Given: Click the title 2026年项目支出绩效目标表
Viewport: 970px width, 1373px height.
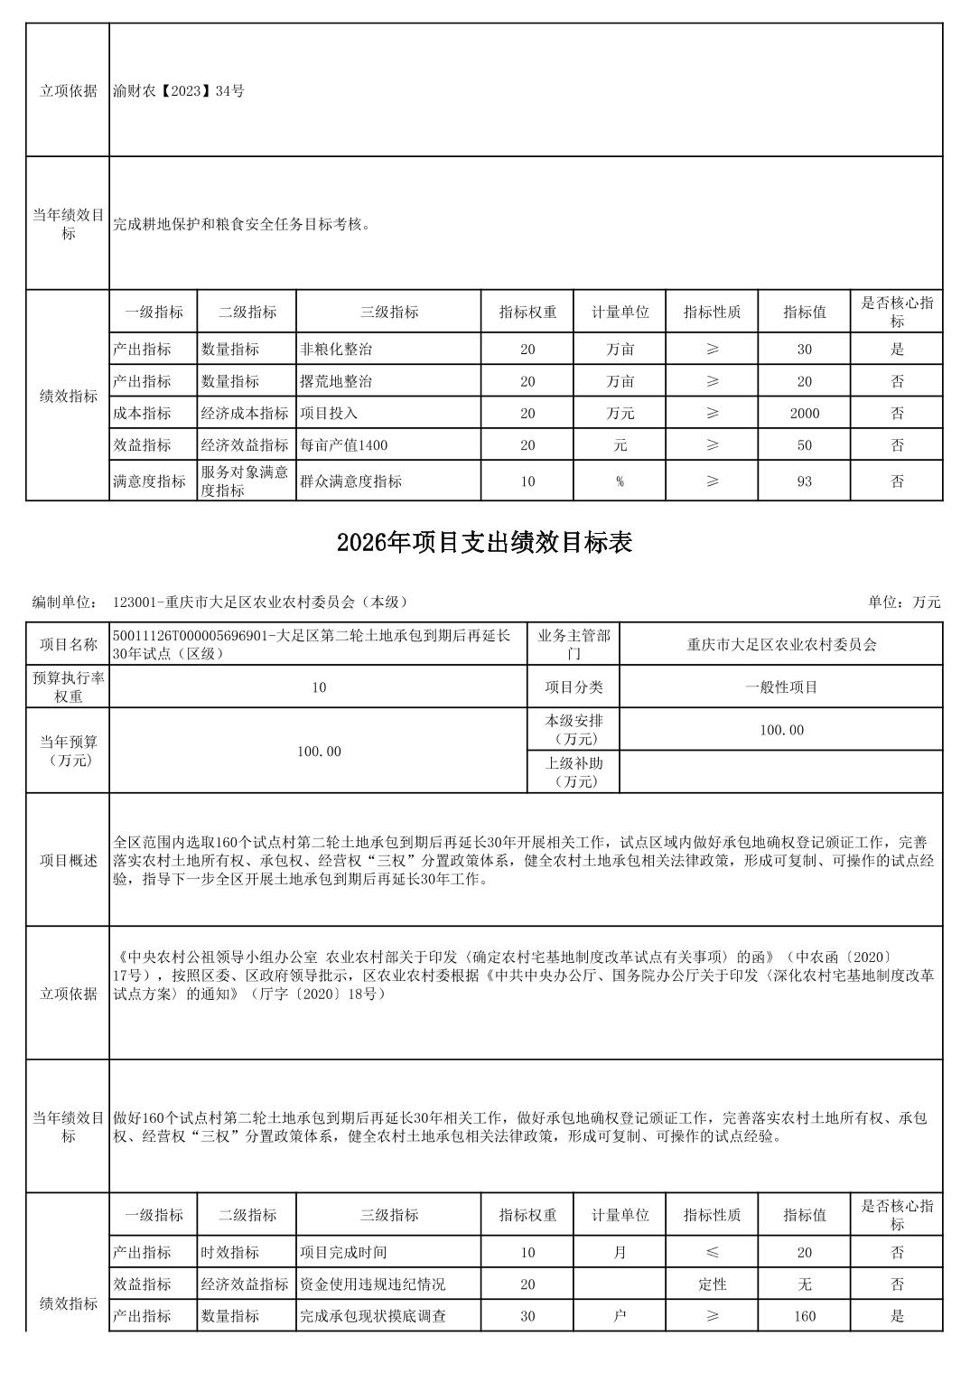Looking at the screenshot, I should tap(484, 542).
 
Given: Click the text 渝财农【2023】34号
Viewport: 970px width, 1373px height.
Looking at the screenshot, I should tap(179, 90).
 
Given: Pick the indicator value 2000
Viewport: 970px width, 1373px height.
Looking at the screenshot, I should tap(804, 414).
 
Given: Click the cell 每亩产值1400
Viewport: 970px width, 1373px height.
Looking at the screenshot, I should tap(344, 445).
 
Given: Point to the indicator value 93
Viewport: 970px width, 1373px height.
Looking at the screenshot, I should tap(804, 481).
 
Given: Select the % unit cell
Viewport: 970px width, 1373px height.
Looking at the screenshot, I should tap(620, 481).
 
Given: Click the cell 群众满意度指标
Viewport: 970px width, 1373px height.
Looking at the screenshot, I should tap(351, 481).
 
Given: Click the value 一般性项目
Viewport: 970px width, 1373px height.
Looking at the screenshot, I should tap(781, 687).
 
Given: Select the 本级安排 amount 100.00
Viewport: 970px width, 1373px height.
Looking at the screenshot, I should tap(781, 730).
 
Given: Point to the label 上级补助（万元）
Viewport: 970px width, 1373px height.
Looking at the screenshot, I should tap(574, 772).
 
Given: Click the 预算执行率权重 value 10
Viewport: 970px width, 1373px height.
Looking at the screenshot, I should tap(319, 687).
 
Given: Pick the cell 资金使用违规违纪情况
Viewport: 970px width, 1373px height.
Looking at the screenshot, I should tap(373, 1284).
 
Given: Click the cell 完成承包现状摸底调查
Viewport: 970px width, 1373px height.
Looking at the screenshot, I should tap(373, 1316).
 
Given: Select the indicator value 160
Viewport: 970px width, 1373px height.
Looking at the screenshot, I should tap(804, 1316).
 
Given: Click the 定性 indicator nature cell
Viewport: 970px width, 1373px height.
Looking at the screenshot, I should tap(713, 1284).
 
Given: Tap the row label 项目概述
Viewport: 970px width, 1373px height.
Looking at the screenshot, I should tap(68, 860).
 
